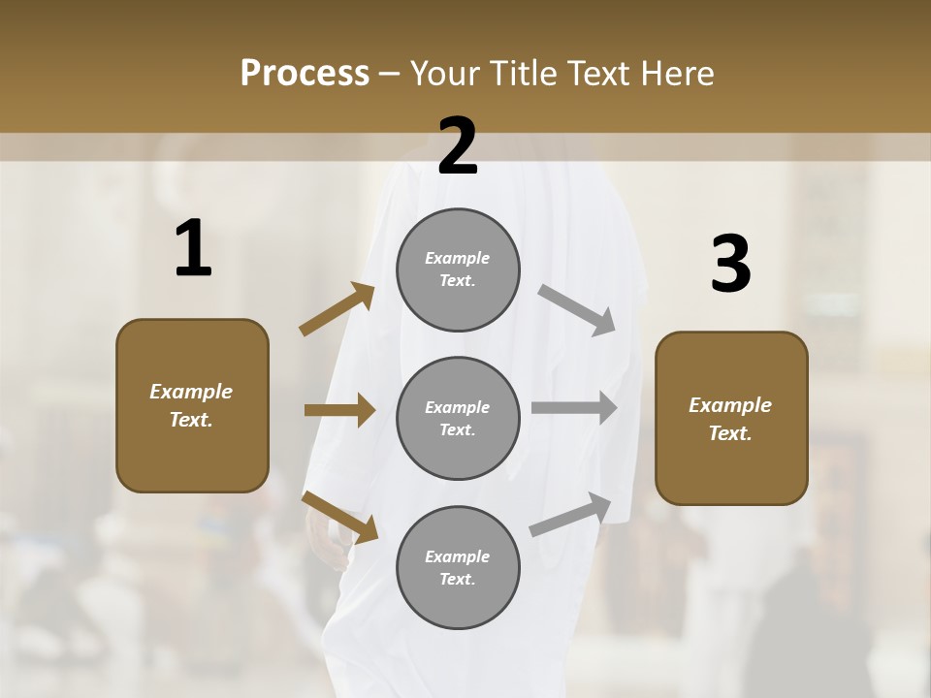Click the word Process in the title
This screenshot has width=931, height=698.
pos(305,74)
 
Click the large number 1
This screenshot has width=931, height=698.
pos(193,249)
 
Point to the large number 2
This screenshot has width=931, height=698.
pos(458,146)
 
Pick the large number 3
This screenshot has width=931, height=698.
pos(730,265)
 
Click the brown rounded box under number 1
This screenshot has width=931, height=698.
pos(192,405)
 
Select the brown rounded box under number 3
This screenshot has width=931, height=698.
pos(731,418)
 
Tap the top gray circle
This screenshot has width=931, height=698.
pos(458,270)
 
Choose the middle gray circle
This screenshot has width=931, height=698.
pos(458,418)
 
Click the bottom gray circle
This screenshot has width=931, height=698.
pos(458,567)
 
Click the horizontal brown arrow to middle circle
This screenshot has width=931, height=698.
pos(339,410)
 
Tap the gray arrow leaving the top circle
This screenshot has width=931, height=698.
pos(577,309)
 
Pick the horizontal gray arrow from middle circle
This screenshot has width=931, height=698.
pos(574,408)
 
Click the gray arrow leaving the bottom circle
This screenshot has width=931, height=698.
pos(570,515)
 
